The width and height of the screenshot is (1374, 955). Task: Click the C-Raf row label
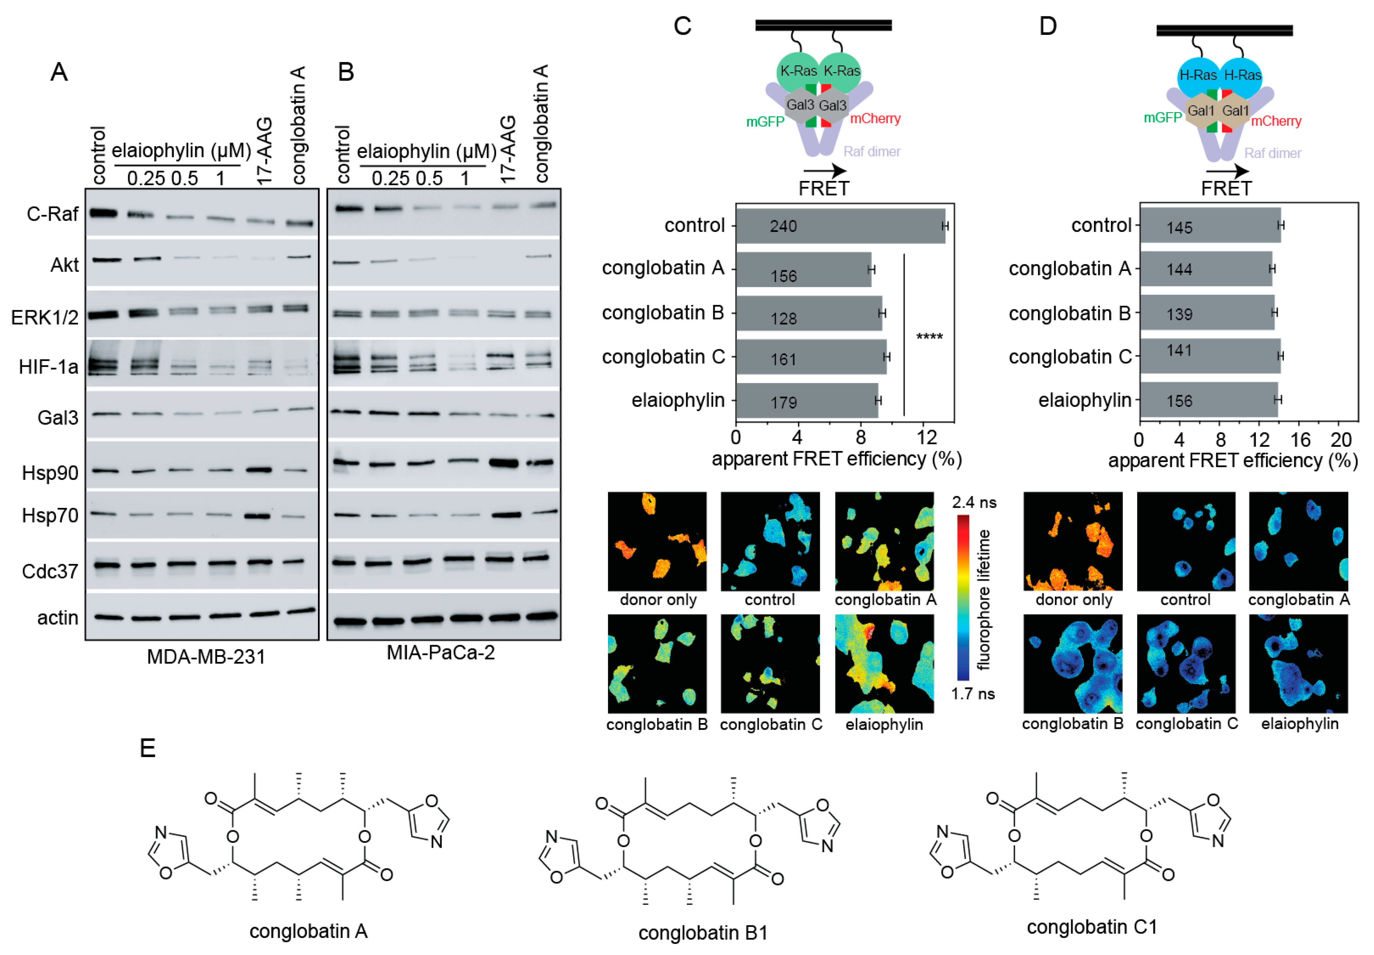click(x=53, y=214)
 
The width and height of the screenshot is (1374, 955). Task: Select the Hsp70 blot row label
click(x=50, y=515)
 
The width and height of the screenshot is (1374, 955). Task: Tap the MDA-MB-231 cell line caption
click(x=206, y=657)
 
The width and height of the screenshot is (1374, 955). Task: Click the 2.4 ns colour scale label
click(x=974, y=503)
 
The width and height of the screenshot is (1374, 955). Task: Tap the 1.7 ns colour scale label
click(x=973, y=694)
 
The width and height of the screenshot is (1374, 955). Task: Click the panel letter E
click(x=148, y=748)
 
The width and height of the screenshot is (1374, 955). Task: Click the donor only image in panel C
click(x=657, y=542)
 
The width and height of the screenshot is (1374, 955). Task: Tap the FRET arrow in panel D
click(x=1227, y=172)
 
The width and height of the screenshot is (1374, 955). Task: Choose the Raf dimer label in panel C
click(x=872, y=152)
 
